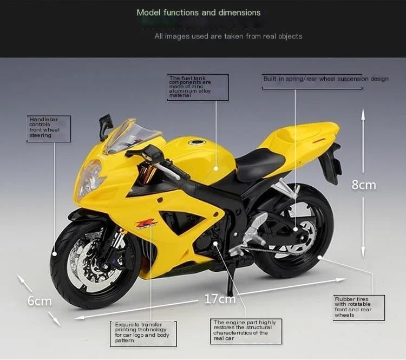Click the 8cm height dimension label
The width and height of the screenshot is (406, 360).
[x=364, y=185]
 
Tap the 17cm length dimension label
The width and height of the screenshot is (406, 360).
[x=220, y=299]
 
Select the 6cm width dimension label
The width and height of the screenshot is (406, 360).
[x=40, y=301]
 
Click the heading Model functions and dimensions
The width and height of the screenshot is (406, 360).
[x=199, y=12]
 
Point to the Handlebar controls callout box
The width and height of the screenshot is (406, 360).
[x=49, y=129]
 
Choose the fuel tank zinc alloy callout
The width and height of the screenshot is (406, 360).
[x=198, y=87]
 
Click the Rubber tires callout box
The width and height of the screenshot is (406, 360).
[x=358, y=308]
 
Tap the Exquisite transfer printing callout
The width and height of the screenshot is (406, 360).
[x=143, y=334]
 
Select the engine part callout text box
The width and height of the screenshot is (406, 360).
[x=246, y=331]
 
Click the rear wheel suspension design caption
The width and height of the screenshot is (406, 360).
[x=326, y=79]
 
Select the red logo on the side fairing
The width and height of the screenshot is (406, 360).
[x=146, y=224]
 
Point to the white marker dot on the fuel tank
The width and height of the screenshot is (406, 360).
[x=216, y=168]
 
